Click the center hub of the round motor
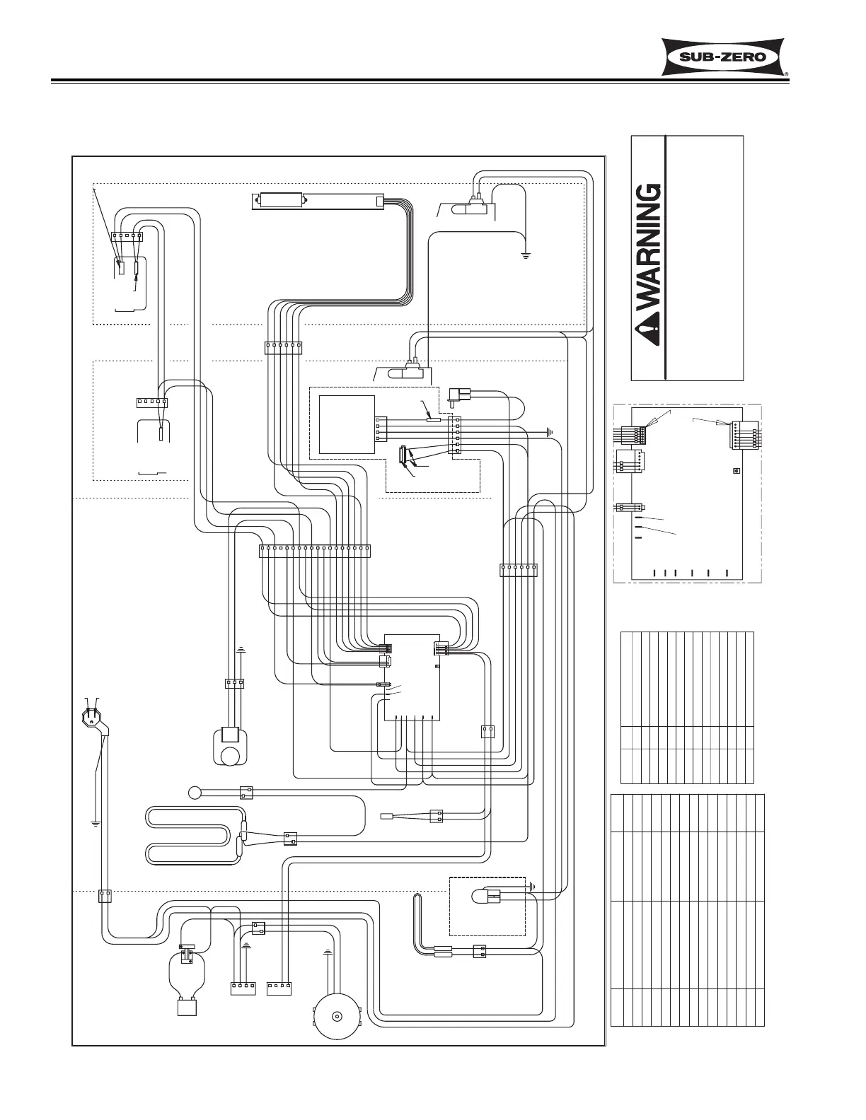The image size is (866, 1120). point(337,1017)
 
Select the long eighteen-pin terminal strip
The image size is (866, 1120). point(315,551)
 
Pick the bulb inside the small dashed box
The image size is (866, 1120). point(480,897)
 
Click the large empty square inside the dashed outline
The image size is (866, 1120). point(347,424)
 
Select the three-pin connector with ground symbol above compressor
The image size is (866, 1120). point(233,684)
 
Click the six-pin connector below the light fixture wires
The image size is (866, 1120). point(283,346)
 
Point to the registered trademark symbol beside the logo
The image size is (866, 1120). point(786,72)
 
